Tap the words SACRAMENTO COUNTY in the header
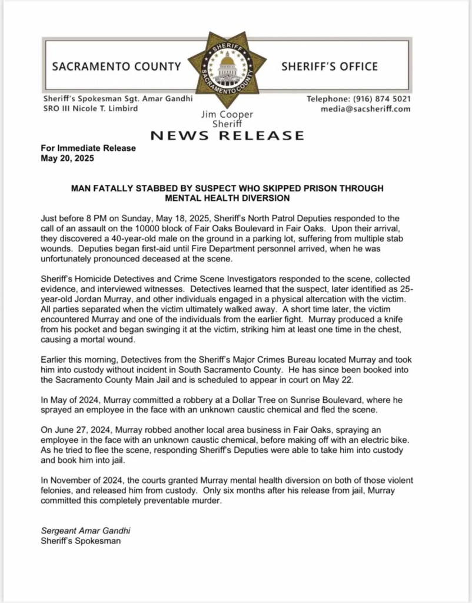tap(117, 67)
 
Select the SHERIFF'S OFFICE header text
tap(330, 67)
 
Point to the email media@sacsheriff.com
tap(365, 109)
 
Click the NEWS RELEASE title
tap(227, 136)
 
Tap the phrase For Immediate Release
tap(88, 148)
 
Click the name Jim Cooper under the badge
tap(227, 115)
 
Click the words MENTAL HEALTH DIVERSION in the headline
tap(227, 198)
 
